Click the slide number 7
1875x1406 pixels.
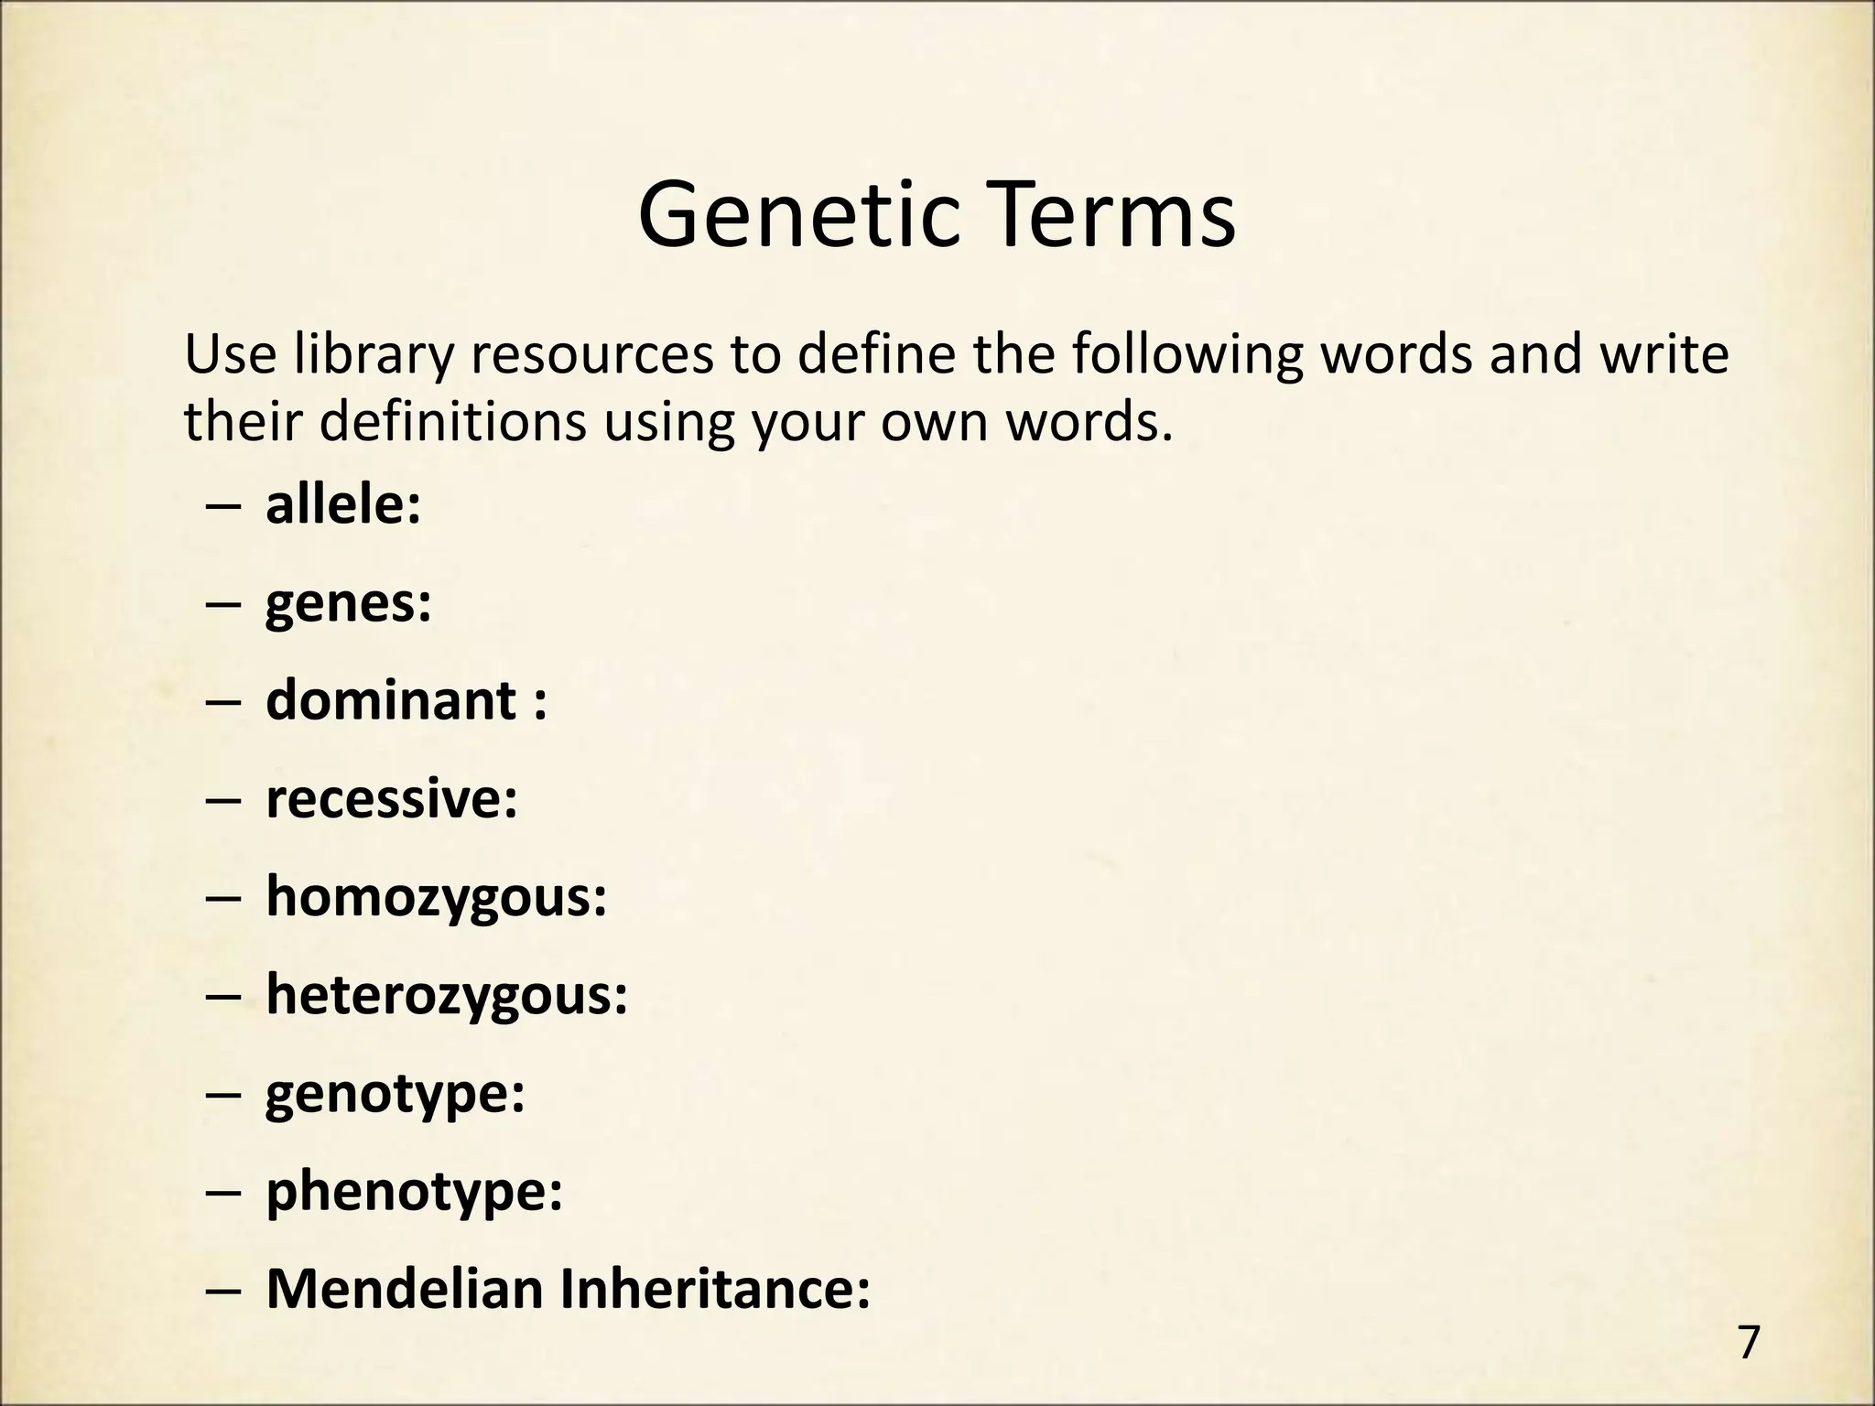1749,1343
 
